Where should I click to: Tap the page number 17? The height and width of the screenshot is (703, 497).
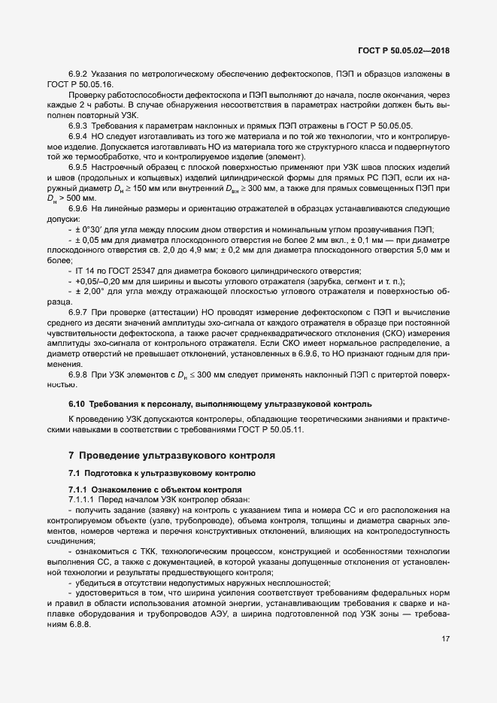tap(446, 640)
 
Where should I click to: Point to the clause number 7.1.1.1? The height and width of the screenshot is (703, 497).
tap(81, 499)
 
